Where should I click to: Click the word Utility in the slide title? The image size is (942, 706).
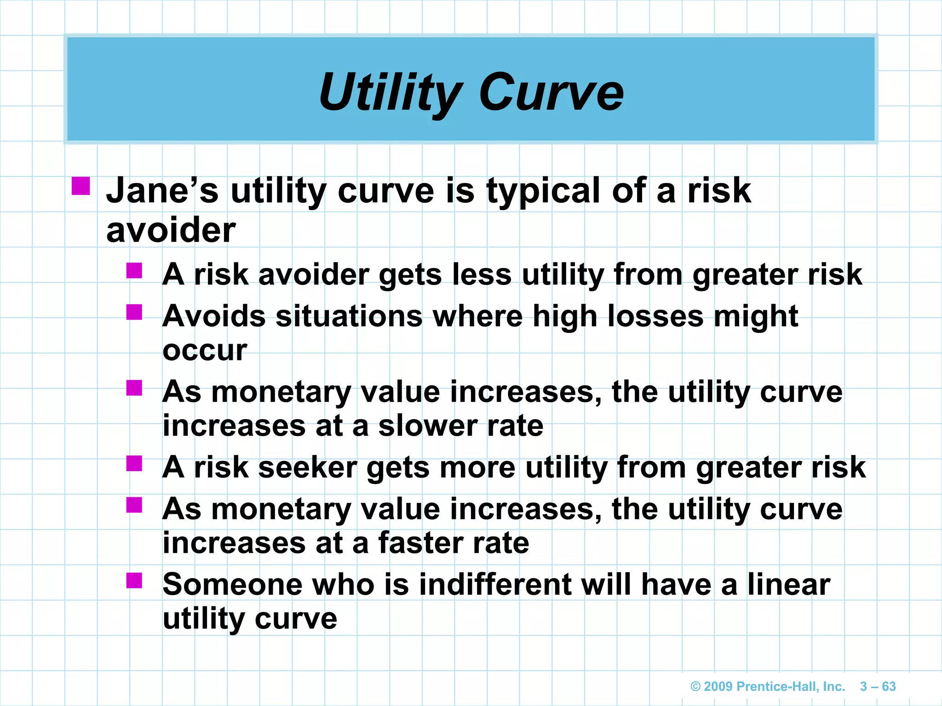coord(391,93)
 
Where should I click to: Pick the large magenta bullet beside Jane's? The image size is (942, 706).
coord(81,186)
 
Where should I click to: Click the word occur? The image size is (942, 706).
coord(205,350)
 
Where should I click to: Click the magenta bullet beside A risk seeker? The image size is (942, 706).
coord(134,463)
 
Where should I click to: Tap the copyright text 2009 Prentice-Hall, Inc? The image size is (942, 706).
coord(768,687)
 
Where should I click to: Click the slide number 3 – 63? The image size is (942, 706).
coord(878,687)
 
